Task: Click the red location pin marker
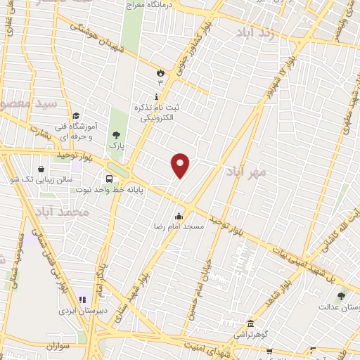pos(181,165)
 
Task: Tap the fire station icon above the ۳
pos(160,72)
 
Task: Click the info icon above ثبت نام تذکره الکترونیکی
pos(156,95)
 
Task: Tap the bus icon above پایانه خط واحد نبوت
pos(110,178)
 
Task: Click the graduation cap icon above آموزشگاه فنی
pos(76,117)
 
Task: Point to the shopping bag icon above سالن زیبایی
pos(41,169)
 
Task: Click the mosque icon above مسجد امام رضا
pos(179,216)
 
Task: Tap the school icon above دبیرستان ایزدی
pos(82,300)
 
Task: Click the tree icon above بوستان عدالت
pos(341,296)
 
